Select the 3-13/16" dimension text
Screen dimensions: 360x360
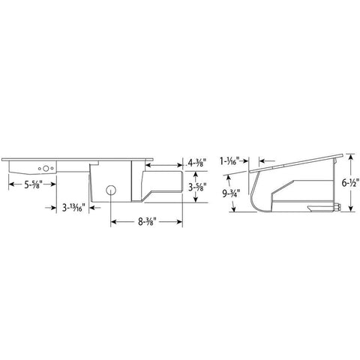[74, 206]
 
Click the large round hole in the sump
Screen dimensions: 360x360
[111, 190]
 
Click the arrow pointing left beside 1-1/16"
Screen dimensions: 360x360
[262, 160]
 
